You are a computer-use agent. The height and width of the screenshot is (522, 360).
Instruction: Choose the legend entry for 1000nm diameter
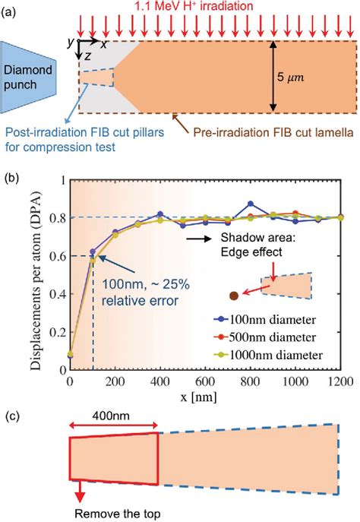pyautogui.click(x=289, y=353)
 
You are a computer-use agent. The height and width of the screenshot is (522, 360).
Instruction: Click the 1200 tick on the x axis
pyautogui.click(x=342, y=381)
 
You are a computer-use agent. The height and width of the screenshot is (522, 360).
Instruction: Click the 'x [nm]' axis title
pyautogui.click(x=205, y=398)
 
